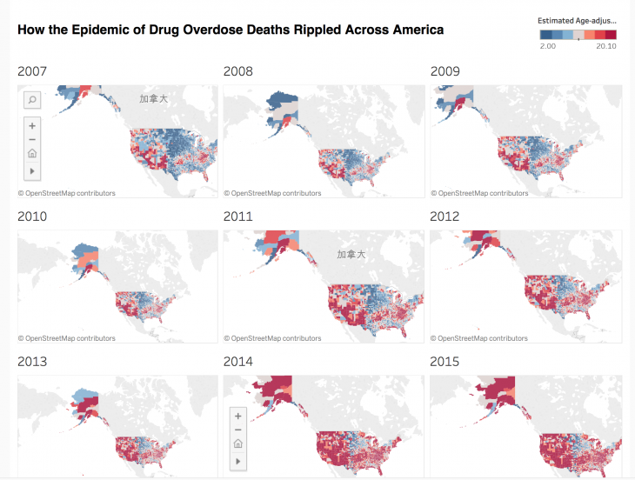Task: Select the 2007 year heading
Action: [32, 71]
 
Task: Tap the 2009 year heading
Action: [445, 71]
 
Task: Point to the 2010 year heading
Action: [32, 217]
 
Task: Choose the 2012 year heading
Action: [445, 217]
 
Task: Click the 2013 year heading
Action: [32, 362]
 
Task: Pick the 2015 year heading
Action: [445, 362]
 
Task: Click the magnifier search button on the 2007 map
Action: [32, 100]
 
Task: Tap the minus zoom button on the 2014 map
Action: [238, 430]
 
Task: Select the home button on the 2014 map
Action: [238, 443]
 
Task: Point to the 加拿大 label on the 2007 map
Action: [153, 99]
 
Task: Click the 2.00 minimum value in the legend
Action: [547, 47]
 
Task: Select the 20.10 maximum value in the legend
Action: [606, 47]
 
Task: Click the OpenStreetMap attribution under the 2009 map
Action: [479, 193]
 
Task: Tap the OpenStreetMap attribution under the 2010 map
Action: [66, 338]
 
